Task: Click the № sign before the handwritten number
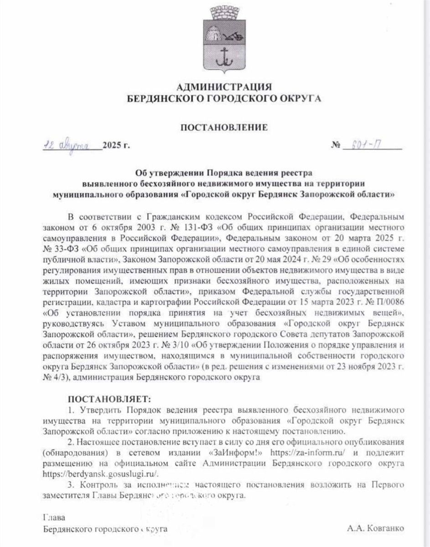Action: [336, 146]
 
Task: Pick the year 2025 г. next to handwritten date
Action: [116, 146]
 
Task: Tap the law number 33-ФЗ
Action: [61, 248]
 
